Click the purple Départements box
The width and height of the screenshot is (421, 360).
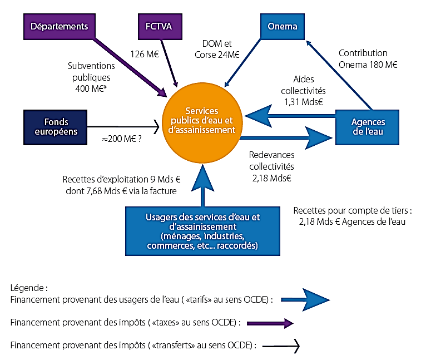pos(60,26)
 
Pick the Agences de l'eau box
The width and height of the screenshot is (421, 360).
pos(368,126)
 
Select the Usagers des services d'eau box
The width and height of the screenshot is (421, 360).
pos(202,230)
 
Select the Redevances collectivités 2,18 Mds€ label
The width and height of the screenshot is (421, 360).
pos(271,166)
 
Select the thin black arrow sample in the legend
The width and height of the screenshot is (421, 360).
pos(281,346)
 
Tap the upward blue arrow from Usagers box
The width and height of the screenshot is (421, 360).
pos(202,184)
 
